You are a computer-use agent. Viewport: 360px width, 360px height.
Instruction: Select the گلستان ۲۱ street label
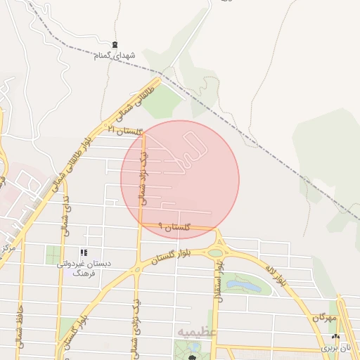(x=124, y=130)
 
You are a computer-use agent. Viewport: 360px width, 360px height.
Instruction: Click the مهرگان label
(x=326, y=319)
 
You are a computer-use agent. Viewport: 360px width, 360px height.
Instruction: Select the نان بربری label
(x=335, y=347)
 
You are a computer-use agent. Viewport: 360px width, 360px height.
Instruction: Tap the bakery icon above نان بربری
(x=335, y=337)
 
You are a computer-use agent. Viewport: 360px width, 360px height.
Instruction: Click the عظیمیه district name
(x=198, y=331)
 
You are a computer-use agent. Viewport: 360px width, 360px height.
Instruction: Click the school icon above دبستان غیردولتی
(x=84, y=252)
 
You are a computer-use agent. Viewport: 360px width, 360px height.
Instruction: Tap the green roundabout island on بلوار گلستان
(x=215, y=252)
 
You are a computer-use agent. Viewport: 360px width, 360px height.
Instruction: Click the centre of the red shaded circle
(x=180, y=180)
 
